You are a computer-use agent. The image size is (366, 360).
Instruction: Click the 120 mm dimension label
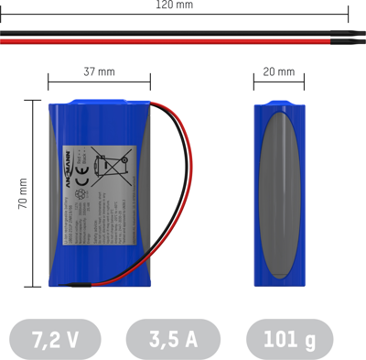(x=174, y=5)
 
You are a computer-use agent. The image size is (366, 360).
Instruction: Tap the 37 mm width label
(x=99, y=71)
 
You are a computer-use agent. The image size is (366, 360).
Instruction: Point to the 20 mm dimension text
(x=278, y=71)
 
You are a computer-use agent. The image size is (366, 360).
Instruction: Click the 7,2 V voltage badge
(x=55, y=339)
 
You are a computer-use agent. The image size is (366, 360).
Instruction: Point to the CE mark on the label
(x=81, y=168)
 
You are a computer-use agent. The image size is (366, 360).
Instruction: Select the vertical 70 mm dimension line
(x=37, y=193)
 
